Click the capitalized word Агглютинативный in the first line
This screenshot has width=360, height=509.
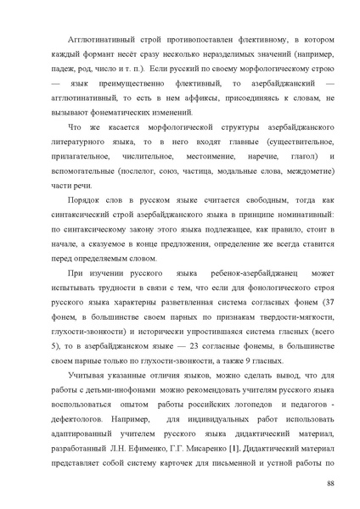(107, 40)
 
